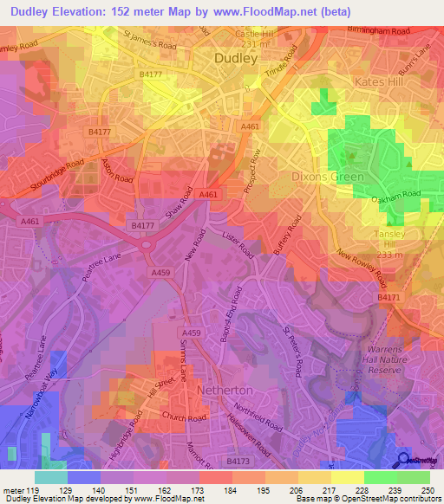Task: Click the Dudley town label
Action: (x=236, y=58)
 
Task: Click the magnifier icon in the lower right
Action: (x=404, y=459)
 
